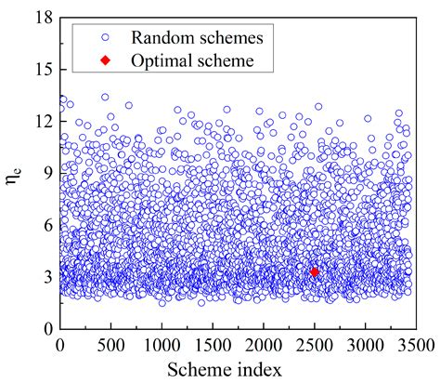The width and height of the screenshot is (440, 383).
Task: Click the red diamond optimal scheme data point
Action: (x=315, y=272)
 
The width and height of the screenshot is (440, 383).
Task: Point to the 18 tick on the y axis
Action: (x=44, y=18)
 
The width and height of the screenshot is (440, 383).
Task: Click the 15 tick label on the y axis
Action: (x=44, y=70)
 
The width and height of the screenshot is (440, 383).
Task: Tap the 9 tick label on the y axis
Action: (x=47, y=173)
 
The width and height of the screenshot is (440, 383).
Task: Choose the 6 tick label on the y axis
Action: (x=47, y=225)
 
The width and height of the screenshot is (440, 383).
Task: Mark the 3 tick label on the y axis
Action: (x=47, y=277)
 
